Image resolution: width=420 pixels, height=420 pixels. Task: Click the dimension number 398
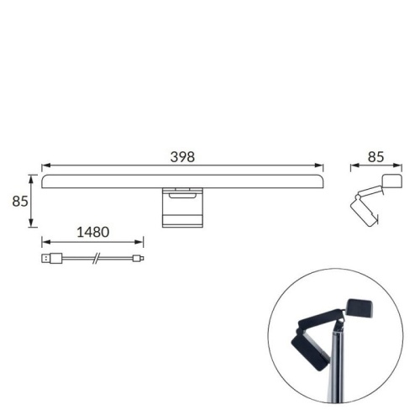(x=182, y=156)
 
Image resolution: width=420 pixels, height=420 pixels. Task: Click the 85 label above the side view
(x=376, y=156)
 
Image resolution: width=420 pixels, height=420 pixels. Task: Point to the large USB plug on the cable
(x=51, y=259)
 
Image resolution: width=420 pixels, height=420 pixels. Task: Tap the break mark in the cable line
(x=97, y=259)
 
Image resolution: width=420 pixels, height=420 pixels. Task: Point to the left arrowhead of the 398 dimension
(x=46, y=165)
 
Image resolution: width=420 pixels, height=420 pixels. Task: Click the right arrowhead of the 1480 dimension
(x=140, y=241)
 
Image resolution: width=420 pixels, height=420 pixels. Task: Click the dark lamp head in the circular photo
(x=362, y=310)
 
